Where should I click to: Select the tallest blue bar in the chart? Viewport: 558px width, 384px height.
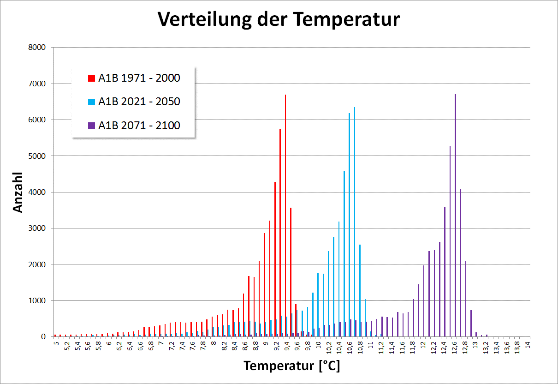tap(355, 222)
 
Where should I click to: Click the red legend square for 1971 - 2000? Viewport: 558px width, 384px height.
tap(91, 78)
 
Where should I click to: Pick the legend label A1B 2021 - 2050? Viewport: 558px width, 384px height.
tap(139, 102)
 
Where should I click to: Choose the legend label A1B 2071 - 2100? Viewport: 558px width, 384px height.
tap(139, 125)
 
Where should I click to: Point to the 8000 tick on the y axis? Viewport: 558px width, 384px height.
tap(37, 47)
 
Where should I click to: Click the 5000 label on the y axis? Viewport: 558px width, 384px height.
tap(37, 156)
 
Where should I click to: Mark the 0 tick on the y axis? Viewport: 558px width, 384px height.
tap(43, 336)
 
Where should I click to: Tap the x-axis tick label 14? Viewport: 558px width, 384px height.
tap(528, 345)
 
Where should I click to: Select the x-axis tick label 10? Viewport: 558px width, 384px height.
tap(318, 345)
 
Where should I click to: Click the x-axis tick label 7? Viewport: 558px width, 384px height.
tap(161, 343)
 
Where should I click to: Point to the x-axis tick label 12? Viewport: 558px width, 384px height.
tap(423, 345)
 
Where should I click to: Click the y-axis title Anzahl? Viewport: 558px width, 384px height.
tap(18, 192)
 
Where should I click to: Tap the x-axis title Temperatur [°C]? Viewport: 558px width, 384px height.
tap(292, 366)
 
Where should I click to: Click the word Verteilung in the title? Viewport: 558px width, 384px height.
tap(205, 19)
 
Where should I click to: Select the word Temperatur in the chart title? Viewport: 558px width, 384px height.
tap(346, 19)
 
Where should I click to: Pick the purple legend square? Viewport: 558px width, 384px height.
tap(91, 126)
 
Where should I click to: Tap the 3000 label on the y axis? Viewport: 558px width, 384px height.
tap(37, 228)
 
